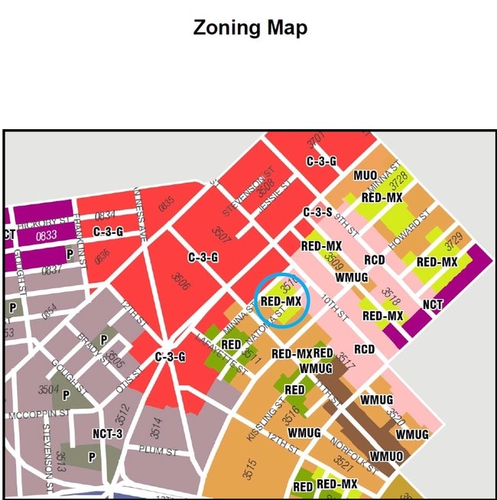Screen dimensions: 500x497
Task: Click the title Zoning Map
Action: point(250,28)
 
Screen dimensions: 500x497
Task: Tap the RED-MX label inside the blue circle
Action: point(281,301)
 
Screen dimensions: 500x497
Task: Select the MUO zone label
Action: point(365,176)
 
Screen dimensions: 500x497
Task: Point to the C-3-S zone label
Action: point(317,212)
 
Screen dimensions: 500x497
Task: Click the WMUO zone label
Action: point(386,456)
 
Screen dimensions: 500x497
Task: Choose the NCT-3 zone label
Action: point(108,433)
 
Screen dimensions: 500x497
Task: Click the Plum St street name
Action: point(158,452)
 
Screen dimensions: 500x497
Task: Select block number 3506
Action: point(180,282)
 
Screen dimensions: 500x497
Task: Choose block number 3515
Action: point(250,467)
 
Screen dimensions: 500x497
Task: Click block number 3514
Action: point(155,425)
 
